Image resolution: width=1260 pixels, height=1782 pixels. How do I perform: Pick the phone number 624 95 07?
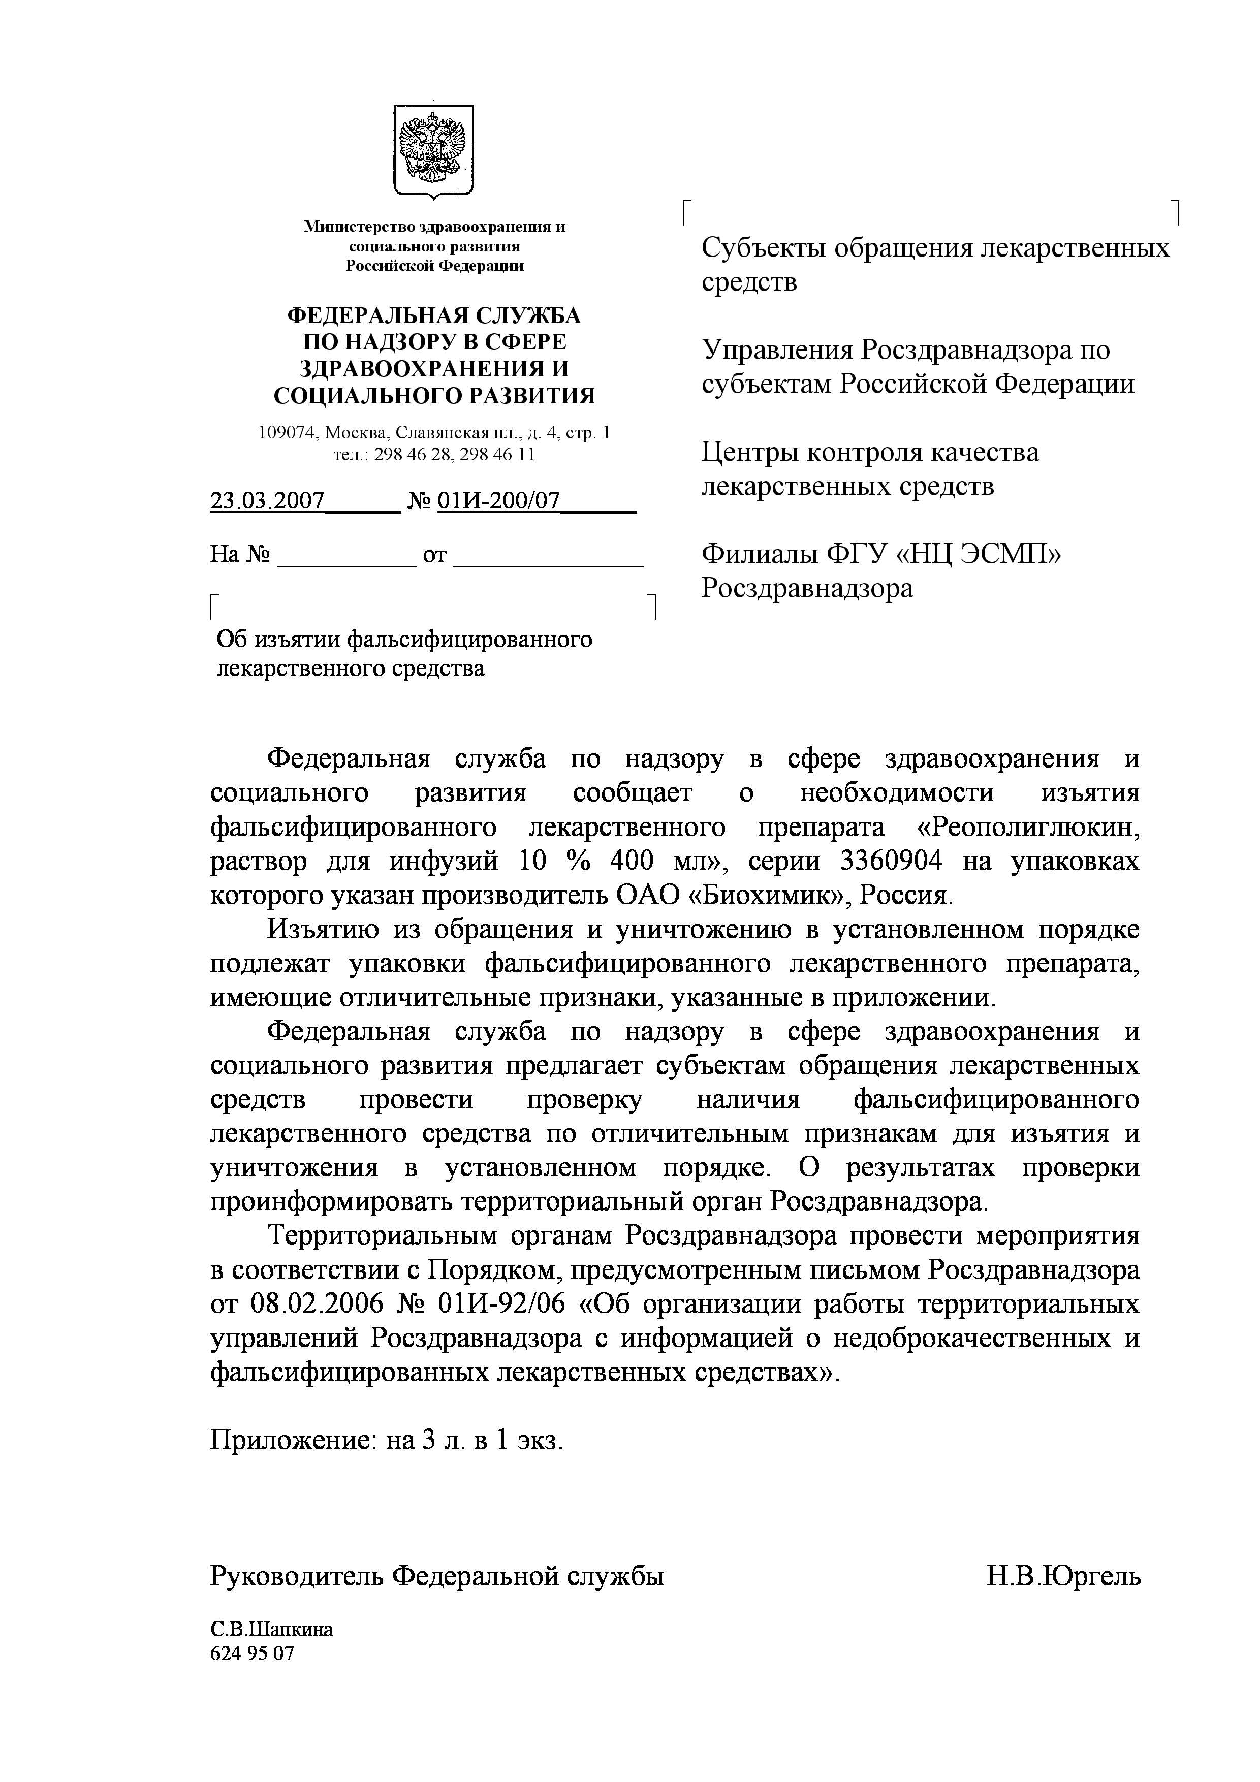click(x=253, y=1653)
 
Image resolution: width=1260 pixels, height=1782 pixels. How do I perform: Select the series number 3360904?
click(x=892, y=862)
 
